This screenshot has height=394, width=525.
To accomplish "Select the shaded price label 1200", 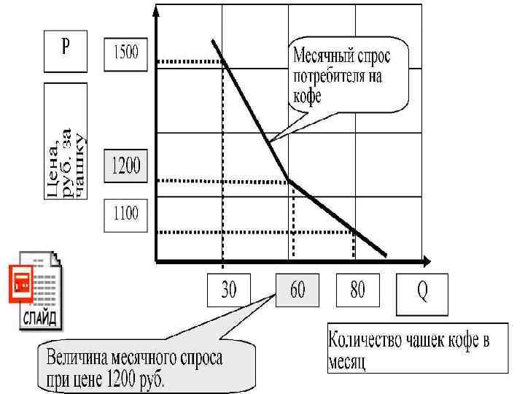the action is click(x=127, y=169).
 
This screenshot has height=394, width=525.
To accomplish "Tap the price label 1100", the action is click(x=127, y=214).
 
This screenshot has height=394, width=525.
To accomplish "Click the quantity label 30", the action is click(x=229, y=291).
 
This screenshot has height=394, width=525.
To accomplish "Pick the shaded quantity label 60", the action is click(x=297, y=291).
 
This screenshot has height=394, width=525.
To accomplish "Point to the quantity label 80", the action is click(x=357, y=291).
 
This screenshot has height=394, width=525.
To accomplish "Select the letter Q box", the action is click(x=422, y=292).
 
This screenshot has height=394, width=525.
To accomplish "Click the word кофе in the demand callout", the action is click(x=306, y=96).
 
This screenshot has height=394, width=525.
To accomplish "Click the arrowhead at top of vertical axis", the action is click(x=156, y=11).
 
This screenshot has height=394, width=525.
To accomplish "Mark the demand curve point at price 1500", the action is click(x=222, y=61).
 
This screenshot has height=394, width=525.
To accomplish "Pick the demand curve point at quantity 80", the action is click(x=354, y=232).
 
